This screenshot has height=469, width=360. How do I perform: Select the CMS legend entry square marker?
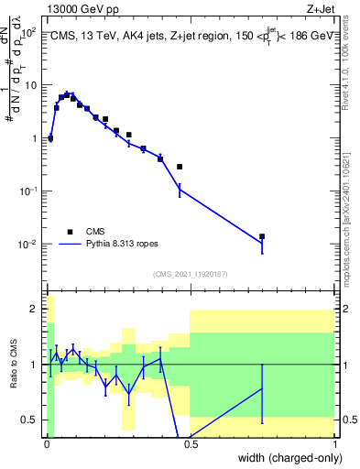pyautogui.click(x=69, y=231)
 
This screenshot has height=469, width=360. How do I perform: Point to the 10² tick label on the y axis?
pyautogui.click(x=30, y=32)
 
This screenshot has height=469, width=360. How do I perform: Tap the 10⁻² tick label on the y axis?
pyautogui.click(x=30, y=245)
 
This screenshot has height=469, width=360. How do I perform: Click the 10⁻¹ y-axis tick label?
pyautogui.click(x=30, y=191)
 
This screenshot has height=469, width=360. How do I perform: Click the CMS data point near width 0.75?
pyautogui.click(x=262, y=236)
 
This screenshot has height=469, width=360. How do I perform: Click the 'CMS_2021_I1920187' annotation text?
pyautogui.click(x=190, y=274)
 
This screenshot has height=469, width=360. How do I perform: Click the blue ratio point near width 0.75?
pyautogui.click(x=262, y=388)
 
